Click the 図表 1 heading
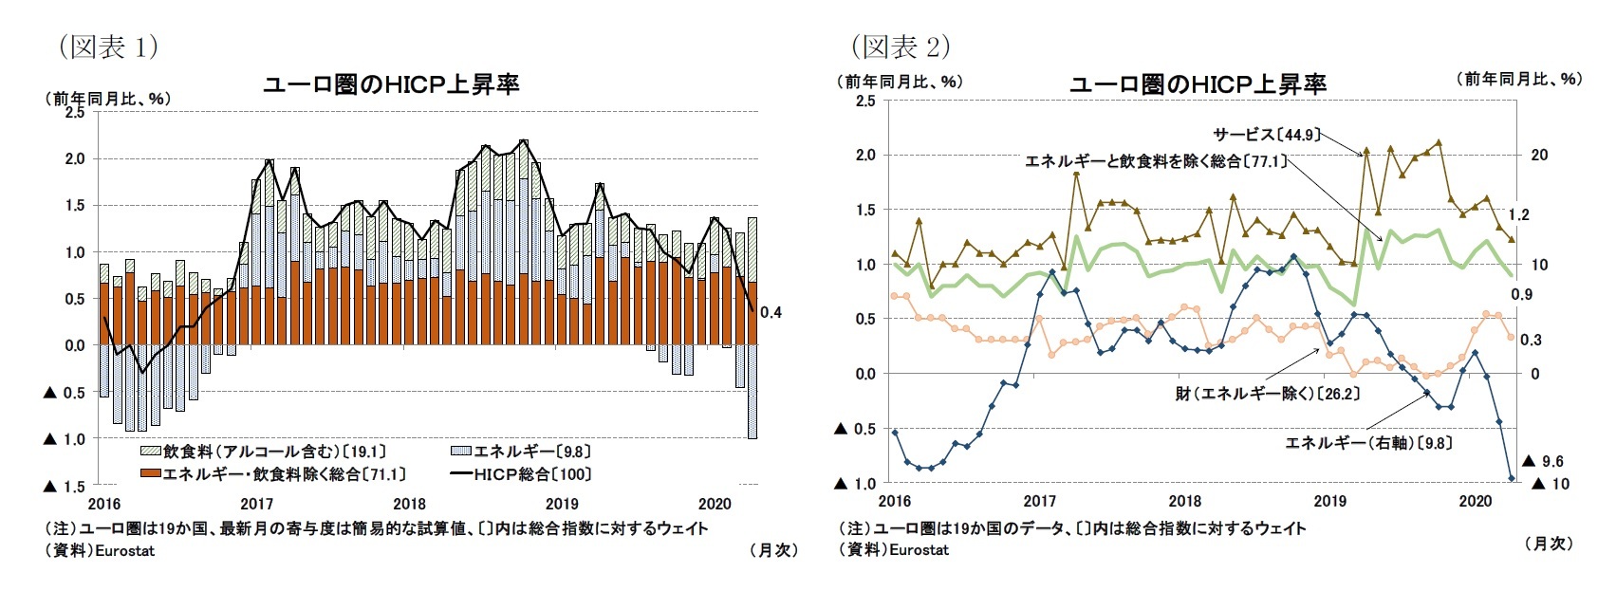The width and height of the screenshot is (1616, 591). pyautogui.click(x=108, y=47)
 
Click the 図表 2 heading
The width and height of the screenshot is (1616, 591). pyautogui.click(x=901, y=46)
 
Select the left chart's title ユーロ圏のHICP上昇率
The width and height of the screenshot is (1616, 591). pyautogui.click(x=391, y=84)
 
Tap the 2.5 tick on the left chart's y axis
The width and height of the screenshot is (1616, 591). pyautogui.click(x=74, y=112)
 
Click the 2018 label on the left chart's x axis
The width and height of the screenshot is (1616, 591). pyautogui.click(x=409, y=504)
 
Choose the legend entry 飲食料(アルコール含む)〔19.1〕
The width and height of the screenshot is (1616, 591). pyautogui.click(x=264, y=452)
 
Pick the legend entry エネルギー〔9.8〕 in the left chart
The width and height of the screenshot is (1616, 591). pyautogui.click(x=522, y=452)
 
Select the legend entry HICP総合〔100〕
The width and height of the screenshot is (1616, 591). pyautogui.click(x=522, y=474)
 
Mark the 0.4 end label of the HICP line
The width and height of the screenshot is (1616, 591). pyautogui.click(x=771, y=312)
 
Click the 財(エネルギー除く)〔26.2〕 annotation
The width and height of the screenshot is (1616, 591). pyautogui.click(x=1267, y=393)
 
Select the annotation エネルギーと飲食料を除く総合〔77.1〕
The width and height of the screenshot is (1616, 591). pyautogui.click(x=1155, y=161)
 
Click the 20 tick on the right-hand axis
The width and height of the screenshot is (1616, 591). pyautogui.click(x=1539, y=155)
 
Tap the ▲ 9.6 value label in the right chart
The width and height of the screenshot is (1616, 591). pyautogui.click(x=1542, y=461)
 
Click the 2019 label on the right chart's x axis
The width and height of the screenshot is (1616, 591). pyautogui.click(x=1329, y=501)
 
